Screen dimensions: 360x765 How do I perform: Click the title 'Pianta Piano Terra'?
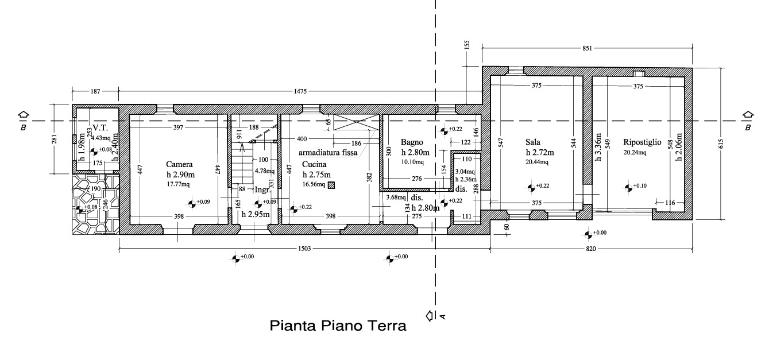[338, 327]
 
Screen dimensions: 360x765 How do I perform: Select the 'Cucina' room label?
[314, 164]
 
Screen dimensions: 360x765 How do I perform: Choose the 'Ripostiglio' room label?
[643, 142]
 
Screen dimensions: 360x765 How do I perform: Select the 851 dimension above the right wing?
[587, 49]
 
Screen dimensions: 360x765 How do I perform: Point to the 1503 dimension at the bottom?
[304, 249]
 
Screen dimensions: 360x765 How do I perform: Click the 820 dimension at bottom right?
[591, 249]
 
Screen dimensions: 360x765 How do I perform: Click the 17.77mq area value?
[178, 184]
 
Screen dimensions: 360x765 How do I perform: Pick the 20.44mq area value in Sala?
[537, 162]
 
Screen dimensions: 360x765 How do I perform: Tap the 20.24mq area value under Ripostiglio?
[635, 153]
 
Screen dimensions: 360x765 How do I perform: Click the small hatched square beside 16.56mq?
[331, 185]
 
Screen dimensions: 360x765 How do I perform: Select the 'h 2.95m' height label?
[256, 215]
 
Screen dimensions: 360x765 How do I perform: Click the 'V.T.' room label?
[101, 128]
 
